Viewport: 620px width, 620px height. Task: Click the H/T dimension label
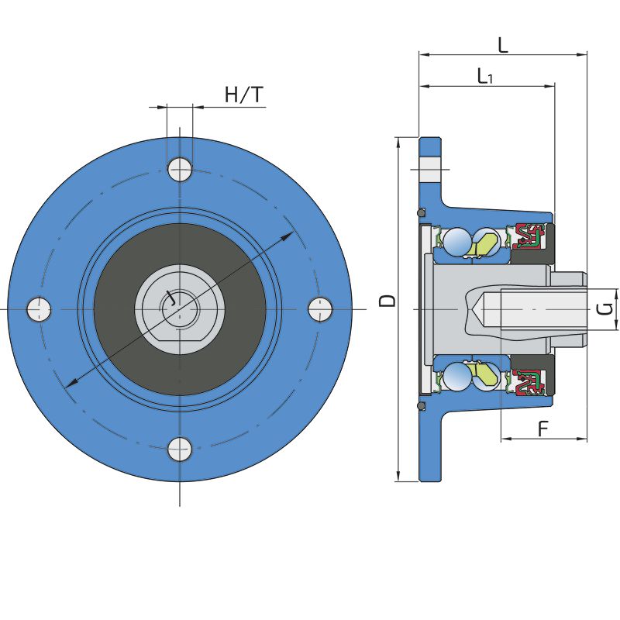tap(244, 95)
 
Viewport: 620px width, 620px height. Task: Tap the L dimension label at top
tap(502, 45)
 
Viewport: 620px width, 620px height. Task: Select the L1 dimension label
tap(485, 76)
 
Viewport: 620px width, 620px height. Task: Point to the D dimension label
tap(387, 301)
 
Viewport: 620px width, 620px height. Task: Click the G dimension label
tap(604, 308)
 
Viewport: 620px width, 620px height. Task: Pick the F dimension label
tap(544, 429)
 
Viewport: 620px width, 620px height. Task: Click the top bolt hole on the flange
tap(180, 169)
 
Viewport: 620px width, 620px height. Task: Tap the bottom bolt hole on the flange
tap(180, 449)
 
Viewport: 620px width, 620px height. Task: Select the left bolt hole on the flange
tap(39, 308)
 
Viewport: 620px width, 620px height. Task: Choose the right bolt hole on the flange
tap(320, 308)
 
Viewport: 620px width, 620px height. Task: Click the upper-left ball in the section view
tap(457, 241)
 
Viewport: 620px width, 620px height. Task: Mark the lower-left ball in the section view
tap(457, 377)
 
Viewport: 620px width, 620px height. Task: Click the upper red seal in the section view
tap(529, 236)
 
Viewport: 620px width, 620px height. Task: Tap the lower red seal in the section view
tap(529, 382)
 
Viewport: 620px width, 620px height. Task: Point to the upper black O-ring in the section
tap(422, 212)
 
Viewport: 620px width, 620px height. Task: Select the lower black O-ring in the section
tap(422, 406)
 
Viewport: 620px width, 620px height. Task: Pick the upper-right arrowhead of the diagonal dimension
tap(287, 236)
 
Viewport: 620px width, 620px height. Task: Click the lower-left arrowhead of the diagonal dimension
tap(71, 383)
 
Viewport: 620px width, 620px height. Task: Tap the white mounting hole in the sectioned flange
tap(430, 169)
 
